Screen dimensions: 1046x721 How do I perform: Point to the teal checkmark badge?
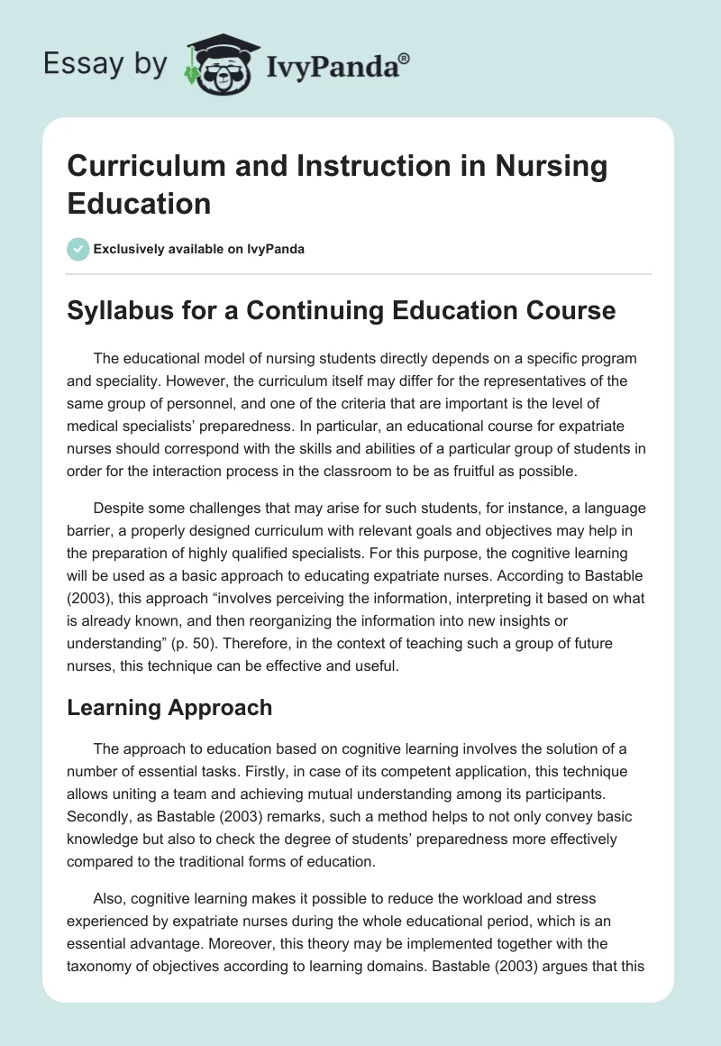click(78, 249)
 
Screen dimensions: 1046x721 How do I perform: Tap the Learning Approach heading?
click(169, 708)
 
